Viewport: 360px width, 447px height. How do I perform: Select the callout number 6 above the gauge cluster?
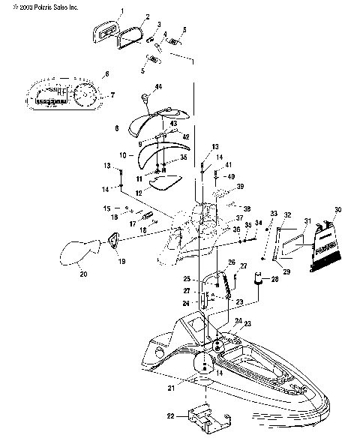(106, 74)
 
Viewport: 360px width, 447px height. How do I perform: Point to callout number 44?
(157, 88)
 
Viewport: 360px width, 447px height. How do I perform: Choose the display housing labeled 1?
(106, 31)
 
